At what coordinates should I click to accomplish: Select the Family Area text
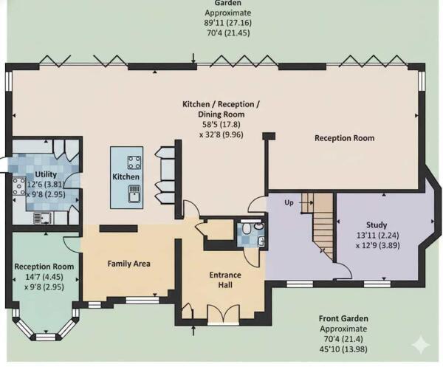(129, 263)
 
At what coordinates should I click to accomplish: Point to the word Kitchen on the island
(126, 177)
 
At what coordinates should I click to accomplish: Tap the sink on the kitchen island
(134, 193)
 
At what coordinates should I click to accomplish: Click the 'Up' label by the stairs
(289, 202)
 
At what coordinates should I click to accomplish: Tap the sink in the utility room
(43, 216)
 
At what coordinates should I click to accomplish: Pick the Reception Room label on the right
(344, 138)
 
